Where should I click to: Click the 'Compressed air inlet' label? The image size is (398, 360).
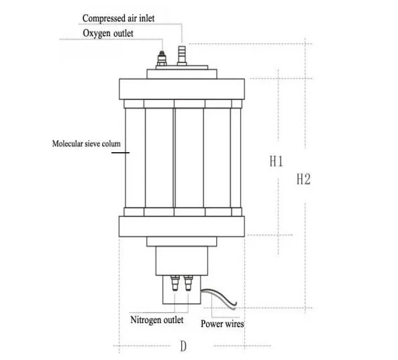point(118,19)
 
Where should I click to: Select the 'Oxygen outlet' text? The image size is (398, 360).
point(108,34)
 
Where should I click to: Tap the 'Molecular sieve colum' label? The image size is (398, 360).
point(87,143)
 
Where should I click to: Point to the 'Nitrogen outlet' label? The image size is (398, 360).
point(156,320)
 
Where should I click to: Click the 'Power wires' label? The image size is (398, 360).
point(222,324)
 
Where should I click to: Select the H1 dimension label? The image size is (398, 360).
point(276,162)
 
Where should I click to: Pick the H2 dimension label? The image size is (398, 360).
point(303,179)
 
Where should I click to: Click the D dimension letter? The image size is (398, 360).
point(183,346)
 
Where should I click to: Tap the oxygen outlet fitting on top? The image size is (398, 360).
point(162,59)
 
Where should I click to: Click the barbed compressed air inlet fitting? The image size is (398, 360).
point(182,56)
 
